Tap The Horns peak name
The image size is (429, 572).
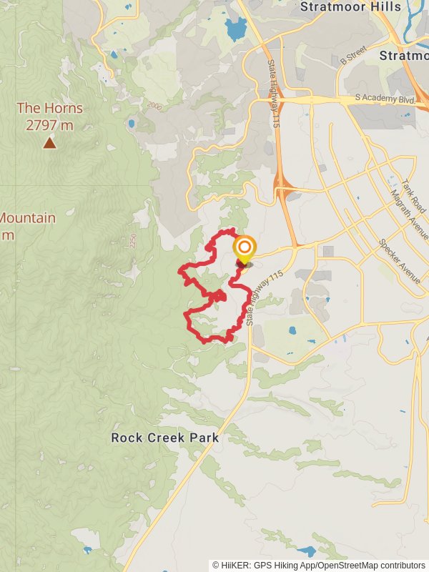click(x=49, y=109)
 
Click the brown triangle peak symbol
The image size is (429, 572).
click(x=49, y=143)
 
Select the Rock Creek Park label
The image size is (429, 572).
click(x=164, y=438)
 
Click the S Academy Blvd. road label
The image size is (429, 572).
click(x=385, y=99)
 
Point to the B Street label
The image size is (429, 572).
click(x=352, y=54)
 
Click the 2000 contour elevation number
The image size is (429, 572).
click(x=154, y=106)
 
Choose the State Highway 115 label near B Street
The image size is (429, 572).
click(x=274, y=94)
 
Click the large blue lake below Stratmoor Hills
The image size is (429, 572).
click(x=235, y=29)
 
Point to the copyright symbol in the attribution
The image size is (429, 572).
click(x=216, y=565)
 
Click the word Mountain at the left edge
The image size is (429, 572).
click(x=27, y=218)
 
